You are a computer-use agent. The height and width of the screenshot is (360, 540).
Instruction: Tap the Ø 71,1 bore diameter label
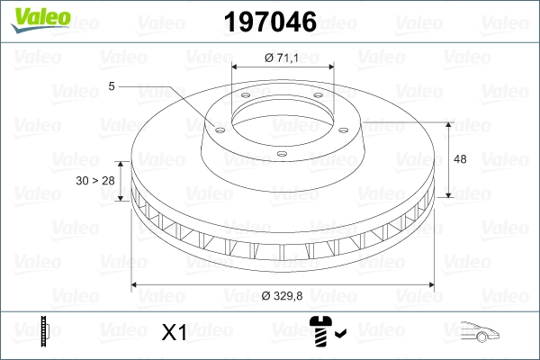[x=283, y=58]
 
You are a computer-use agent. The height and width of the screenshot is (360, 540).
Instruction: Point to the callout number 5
[x=112, y=86]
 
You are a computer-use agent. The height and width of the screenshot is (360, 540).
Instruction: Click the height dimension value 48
[x=460, y=159]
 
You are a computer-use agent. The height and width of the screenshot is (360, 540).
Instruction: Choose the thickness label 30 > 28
[x=97, y=180]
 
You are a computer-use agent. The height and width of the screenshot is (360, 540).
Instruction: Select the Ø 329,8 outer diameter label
[x=283, y=295]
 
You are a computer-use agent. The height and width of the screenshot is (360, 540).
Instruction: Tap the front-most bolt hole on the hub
[x=282, y=155]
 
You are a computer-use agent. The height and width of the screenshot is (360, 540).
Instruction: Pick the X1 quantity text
[x=173, y=333]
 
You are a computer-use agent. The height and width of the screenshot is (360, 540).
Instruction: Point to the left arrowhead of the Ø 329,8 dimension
[x=135, y=285]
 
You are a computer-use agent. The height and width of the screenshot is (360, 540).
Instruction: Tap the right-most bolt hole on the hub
[x=320, y=101]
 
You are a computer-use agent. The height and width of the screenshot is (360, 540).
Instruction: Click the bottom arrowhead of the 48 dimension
[x=447, y=195]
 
